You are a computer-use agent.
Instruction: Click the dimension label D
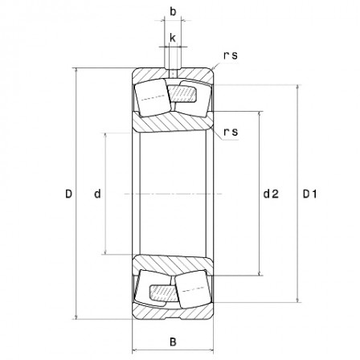pos(69,194)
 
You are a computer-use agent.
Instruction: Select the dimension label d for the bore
pos(97,194)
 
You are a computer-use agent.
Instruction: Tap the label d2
pos(271,194)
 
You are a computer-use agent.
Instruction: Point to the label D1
pos(310,194)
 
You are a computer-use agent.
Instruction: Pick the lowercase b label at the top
pos(173,12)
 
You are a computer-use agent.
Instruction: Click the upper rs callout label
pos(230,55)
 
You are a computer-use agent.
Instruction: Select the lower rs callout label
pos(230,131)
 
